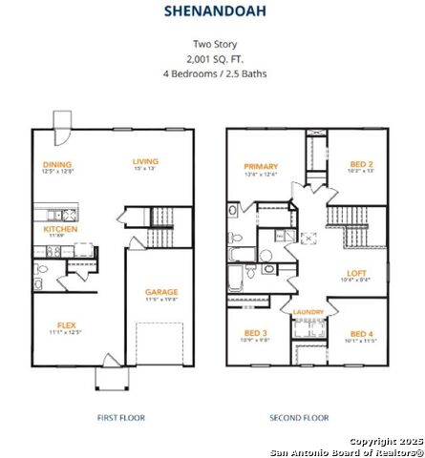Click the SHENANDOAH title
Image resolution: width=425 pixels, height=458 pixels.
pyautogui.click(x=212, y=12)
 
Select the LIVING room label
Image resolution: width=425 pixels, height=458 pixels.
pyautogui.click(x=145, y=161)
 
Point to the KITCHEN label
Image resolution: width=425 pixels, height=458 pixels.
pyautogui.click(x=60, y=229)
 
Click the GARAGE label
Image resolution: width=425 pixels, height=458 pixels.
pyautogui.click(x=161, y=292)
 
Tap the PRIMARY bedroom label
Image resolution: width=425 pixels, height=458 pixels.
pyautogui.click(x=260, y=166)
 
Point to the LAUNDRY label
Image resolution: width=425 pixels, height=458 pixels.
pyautogui.click(x=308, y=312)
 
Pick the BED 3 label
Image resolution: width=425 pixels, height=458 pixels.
pyautogui.click(x=254, y=333)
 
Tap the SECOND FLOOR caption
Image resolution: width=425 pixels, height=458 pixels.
pyautogui.click(x=300, y=417)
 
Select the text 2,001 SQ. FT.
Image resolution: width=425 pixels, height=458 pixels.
pyautogui.click(x=213, y=58)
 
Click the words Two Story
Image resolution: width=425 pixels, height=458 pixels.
pyautogui.click(x=213, y=44)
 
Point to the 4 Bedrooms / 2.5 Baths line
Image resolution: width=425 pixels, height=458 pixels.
pyautogui.click(x=213, y=73)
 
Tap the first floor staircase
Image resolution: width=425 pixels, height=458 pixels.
pyautogui.click(x=159, y=229)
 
